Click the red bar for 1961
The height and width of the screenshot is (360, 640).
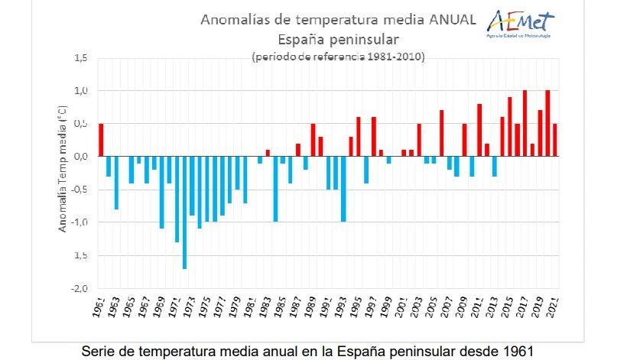(101, 140)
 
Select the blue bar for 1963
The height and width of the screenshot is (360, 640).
(116, 183)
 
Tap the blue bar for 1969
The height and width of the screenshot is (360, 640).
(161, 192)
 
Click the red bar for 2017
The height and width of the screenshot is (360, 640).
(524, 123)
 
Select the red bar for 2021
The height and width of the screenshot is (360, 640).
(554, 140)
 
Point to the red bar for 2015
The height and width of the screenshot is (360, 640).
(509, 127)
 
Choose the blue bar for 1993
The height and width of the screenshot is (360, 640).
(343, 189)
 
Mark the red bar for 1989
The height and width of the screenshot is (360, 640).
(313, 140)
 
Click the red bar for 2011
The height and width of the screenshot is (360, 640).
(479, 130)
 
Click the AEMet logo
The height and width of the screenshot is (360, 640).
(520, 24)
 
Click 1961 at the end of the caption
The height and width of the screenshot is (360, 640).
(511, 350)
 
